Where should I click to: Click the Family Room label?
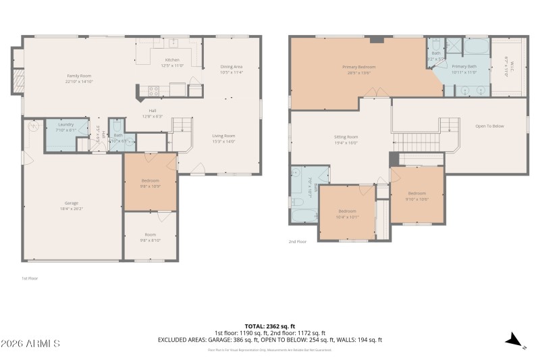click(78, 76)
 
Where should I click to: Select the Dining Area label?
click(231, 67)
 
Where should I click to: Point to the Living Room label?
click(223, 136)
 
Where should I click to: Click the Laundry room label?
click(66, 125)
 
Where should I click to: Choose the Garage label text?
click(72, 203)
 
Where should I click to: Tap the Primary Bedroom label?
click(358, 67)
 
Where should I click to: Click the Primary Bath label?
click(464, 67)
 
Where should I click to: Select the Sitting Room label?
click(346, 136)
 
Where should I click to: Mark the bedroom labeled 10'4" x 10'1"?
click(348, 211)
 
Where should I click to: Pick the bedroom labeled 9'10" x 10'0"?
click(416, 194)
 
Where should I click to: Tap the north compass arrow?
click(514, 340)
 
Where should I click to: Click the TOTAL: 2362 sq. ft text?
click(269, 326)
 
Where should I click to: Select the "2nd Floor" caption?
click(298, 241)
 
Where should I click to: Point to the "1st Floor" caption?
click(29, 278)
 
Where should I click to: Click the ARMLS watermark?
click(30, 344)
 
